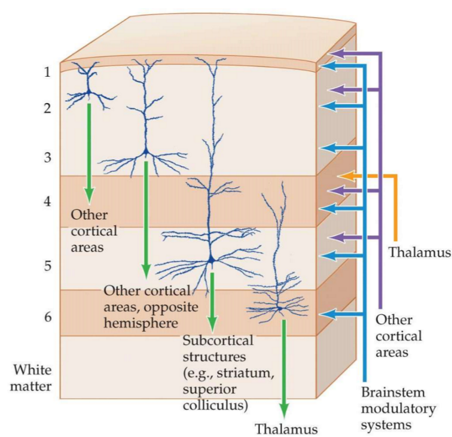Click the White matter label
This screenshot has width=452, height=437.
pyautogui.click(x=32, y=378)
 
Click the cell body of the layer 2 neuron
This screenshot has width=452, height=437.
pyautogui.click(x=88, y=93)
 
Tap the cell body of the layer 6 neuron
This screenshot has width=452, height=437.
pyautogui.click(x=279, y=308)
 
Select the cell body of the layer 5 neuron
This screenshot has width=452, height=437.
pyautogui.click(x=211, y=260)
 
